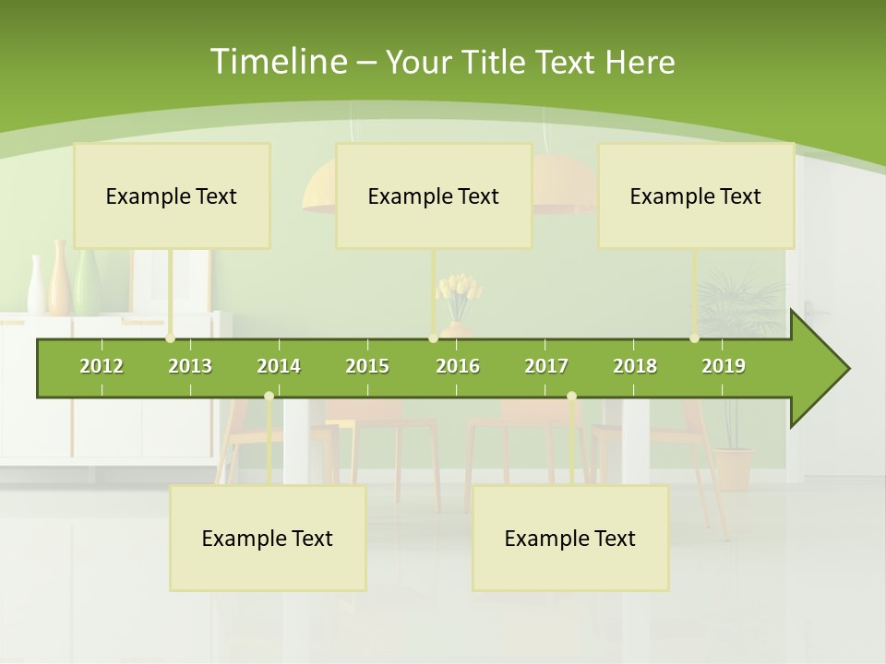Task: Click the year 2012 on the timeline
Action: [102, 366]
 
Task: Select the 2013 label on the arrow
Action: [190, 366]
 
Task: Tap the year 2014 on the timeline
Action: [279, 366]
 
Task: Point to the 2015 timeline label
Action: [367, 366]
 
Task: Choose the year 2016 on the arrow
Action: [458, 366]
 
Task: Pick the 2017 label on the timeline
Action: [546, 366]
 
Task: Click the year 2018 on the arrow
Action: [635, 366]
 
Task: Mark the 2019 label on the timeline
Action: [724, 366]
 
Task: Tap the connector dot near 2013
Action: [171, 338]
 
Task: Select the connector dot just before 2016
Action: [433, 338]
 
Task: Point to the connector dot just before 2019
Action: [695, 338]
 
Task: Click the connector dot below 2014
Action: [269, 397]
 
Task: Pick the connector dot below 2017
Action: [571, 397]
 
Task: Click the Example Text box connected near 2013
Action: [172, 196]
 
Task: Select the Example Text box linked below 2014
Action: [268, 538]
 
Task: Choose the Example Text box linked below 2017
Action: [570, 538]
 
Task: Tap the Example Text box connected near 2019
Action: [696, 196]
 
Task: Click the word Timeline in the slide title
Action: [277, 62]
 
